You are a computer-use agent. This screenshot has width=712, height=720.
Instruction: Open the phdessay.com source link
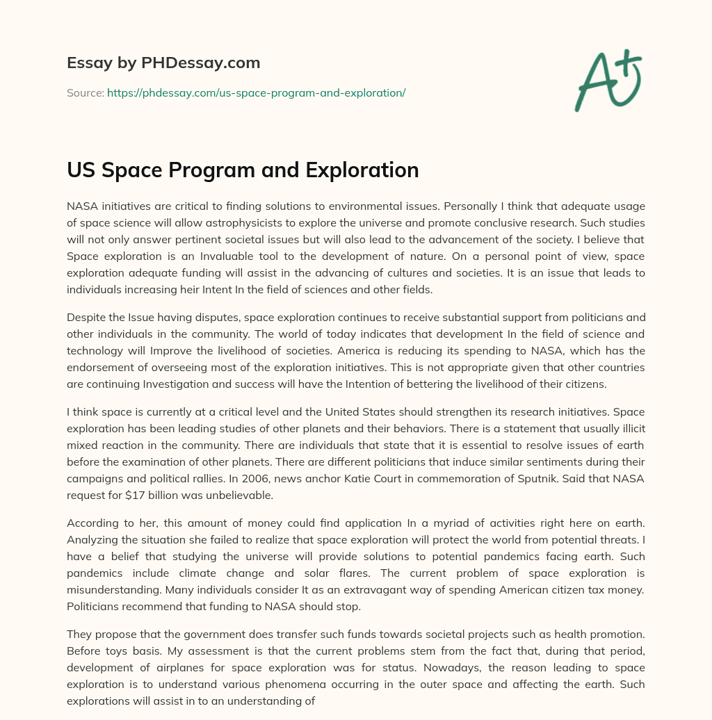[256, 92]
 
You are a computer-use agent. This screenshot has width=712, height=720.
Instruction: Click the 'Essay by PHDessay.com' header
[163, 63]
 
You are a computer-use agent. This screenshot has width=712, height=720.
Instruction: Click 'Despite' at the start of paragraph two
[85, 317]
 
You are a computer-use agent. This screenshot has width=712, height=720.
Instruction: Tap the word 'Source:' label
[86, 92]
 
